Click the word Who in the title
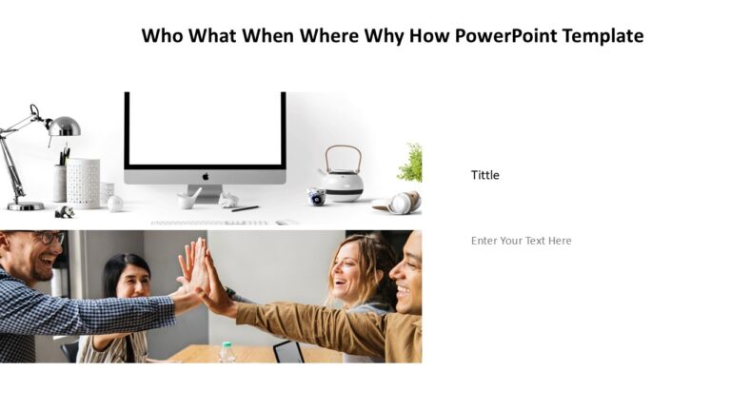coord(163,36)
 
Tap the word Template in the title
coord(603,36)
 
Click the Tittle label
coord(484,175)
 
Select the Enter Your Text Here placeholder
coord(521,241)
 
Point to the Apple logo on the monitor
coord(205,176)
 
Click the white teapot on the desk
coord(341,178)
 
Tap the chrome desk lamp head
coord(64,126)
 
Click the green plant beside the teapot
coord(411,164)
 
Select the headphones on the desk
coord(400,203)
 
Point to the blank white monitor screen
coord(205,128)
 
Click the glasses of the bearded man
coord(46,238)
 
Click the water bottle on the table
coord(227,352)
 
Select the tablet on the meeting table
coord(288,351)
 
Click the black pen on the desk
coord(245,207)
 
